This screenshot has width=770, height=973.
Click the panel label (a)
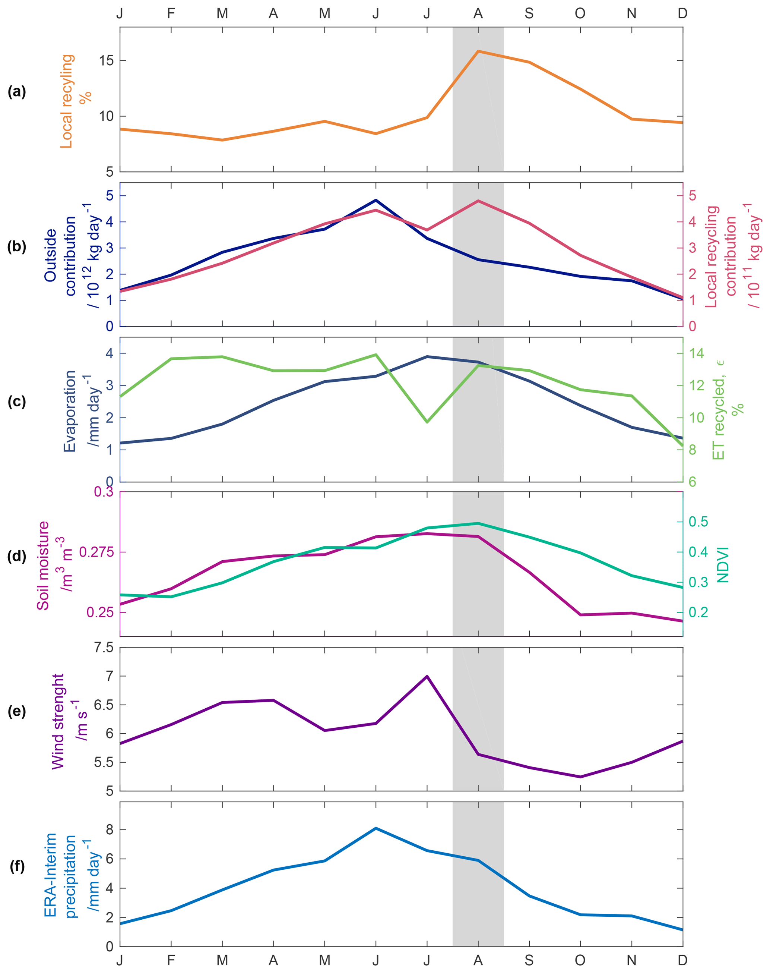click(17, 92)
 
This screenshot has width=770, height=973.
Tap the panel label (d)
click(17, 556)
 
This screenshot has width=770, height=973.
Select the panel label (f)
click(17, 866)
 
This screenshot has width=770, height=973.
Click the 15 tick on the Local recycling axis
click(107, 60)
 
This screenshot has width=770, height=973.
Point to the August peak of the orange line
click(478, 51)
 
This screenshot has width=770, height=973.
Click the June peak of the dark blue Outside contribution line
click(376, 200)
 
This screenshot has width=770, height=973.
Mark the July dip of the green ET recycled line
click(427, 422)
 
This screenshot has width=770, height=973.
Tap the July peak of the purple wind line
click(427, 676)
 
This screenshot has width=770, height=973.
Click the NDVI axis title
click(723, 564)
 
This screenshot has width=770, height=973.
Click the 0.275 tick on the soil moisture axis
click(96, 552)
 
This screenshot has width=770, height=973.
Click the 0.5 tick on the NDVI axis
click(698, 522)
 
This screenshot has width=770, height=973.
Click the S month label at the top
click(529, 13)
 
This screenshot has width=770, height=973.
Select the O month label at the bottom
click(580, 960)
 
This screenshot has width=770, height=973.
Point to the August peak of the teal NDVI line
click(478, 523)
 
